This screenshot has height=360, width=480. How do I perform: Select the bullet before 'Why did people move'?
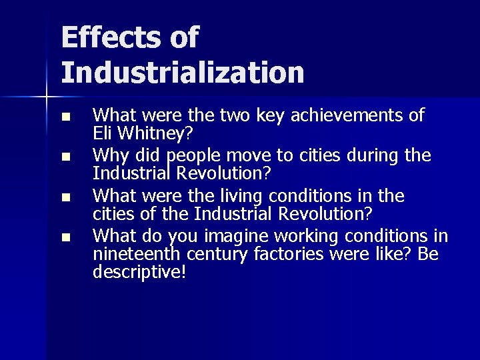[x=65, y=157]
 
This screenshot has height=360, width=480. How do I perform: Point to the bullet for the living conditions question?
[x=65, y=197]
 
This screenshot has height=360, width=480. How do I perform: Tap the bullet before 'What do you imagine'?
[x=65, y=237]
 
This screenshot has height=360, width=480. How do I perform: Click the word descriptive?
[x=139, y=272]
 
